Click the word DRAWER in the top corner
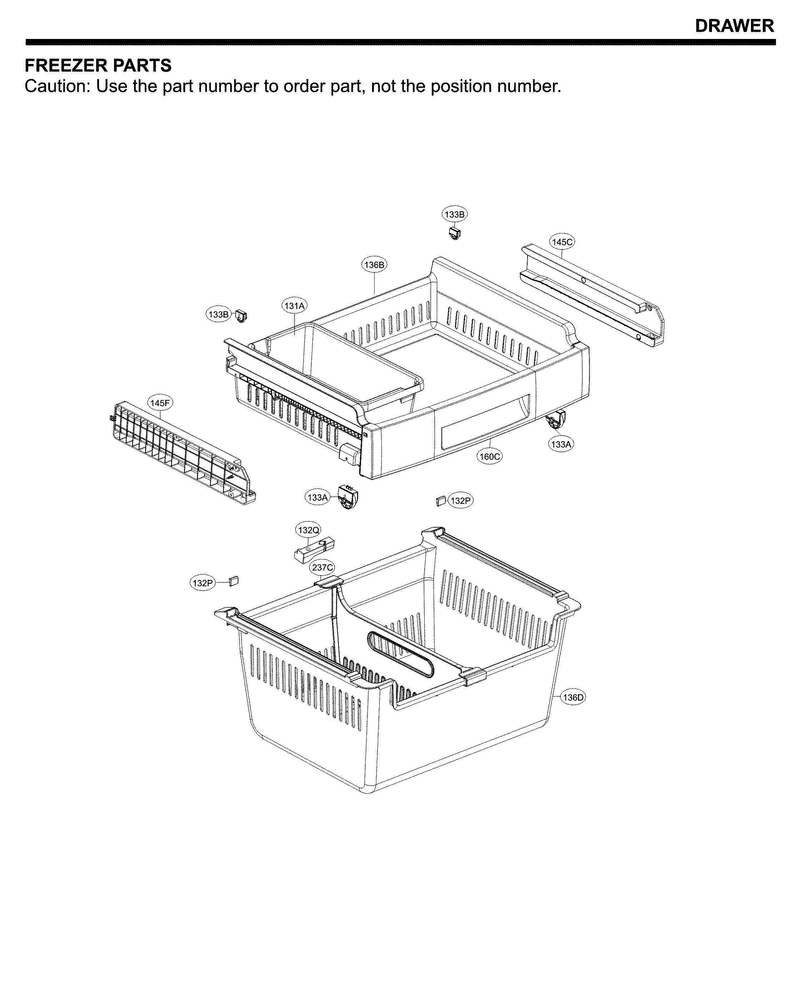pyautogui.click(x=734, y=26)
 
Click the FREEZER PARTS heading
pyautogui.click(x=98, y=65)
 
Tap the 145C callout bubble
pyautogui.click(x=562, y=242)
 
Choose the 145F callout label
pyautogui.click(x=160, y=403)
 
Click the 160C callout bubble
pyautogui.click(x=489, y=457)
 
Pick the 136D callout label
pyautogui.click(x=573, y=710)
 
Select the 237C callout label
pyautogui.click(x=322, y=567)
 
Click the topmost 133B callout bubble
pyautogui.click(x=454, y=214)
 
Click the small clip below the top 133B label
pyautogui.click(x=455, y=233)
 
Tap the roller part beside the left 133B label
pyautogui.click(x=241, y=316)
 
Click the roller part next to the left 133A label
pyautogui.click(x=348, y=497)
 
